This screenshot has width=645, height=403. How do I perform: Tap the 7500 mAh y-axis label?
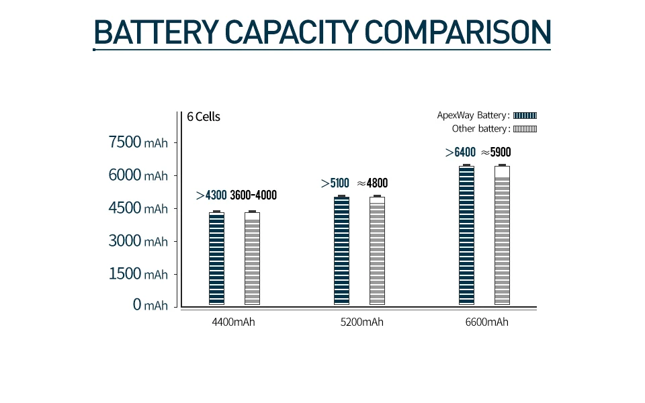[138, 142]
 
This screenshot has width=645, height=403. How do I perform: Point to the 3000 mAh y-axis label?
[138, 241]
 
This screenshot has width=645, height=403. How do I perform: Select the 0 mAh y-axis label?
[150, 306]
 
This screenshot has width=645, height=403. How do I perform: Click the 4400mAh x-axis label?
[233, 322]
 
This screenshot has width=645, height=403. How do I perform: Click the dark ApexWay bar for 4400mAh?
[216, 259]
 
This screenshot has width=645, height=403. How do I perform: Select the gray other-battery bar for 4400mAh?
[252, 259]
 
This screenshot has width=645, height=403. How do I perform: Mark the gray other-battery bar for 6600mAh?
[502, 236]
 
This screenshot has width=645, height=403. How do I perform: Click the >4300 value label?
[211, 195]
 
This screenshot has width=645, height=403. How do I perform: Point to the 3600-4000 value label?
[253, 195]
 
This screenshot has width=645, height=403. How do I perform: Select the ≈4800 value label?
[372, 183]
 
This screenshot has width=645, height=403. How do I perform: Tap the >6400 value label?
[460, 152]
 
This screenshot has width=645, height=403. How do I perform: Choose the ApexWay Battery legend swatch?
[525, 116]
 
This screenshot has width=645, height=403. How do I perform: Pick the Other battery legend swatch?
[525, 129]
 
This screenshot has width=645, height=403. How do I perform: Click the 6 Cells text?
[204, 117]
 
